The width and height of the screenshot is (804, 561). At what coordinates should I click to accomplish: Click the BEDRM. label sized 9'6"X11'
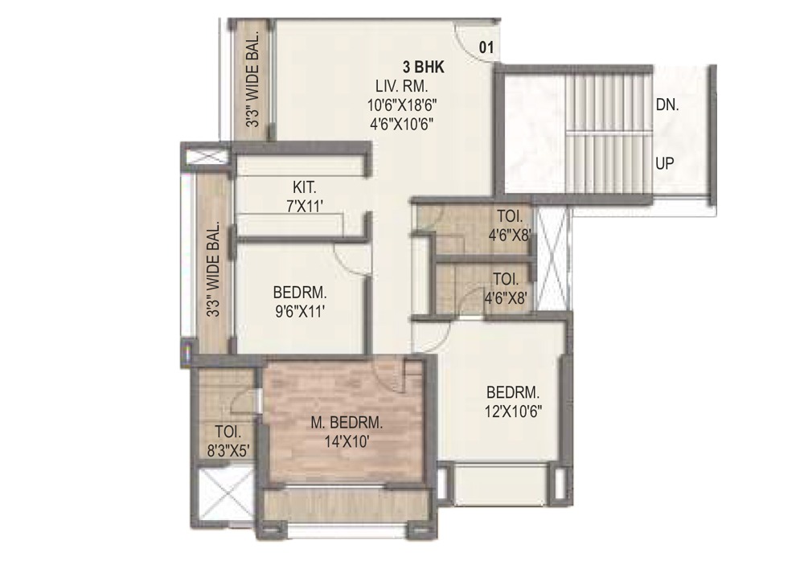click(x=301, y=291)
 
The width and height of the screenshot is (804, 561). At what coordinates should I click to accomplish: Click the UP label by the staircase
click(x=665, y=162)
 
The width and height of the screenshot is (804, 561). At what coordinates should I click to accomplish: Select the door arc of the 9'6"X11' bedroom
click(x=351, y=259)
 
